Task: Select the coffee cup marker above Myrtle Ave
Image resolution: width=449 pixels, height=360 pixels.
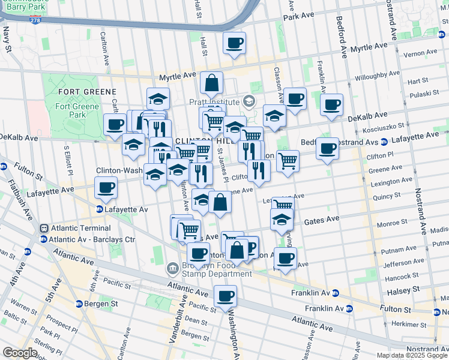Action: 234,43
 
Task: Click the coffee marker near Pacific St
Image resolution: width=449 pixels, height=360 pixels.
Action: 225,296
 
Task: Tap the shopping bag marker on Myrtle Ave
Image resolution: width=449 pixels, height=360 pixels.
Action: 211,83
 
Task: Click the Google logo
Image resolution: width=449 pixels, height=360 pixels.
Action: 20,353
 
